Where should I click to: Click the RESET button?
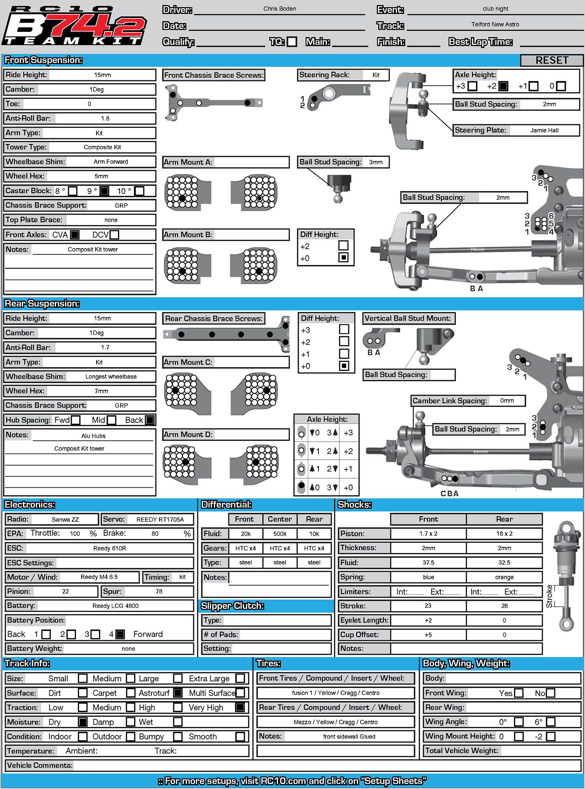point(551,60)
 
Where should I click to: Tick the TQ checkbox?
point(292,42)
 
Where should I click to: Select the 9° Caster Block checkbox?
point(105,191)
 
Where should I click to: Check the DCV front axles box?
point(114,235)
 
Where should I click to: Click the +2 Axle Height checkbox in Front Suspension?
point(503,86)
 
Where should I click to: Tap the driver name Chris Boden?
point(280,9)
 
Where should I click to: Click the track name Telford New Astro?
point(495,25)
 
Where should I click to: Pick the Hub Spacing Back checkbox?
point(150,420)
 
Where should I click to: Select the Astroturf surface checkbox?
point(178,693)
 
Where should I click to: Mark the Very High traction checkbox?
point(240,707)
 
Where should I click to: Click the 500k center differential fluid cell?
point(280,534)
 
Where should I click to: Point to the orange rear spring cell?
point(504,577)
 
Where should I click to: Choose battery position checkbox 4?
point(120,634)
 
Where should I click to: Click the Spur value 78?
point(159,591)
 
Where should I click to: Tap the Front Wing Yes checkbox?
point(518,693)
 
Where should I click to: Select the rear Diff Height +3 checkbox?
point(344,329)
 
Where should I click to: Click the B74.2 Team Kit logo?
point(75,26)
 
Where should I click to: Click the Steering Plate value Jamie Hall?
point(544,130)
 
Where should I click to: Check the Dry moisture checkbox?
point(83,722)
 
